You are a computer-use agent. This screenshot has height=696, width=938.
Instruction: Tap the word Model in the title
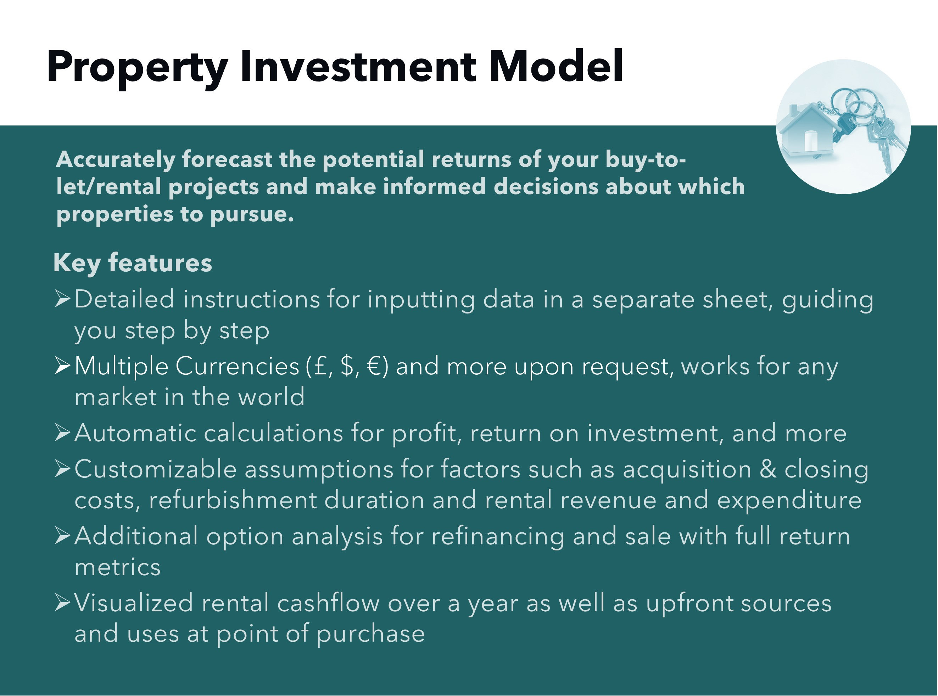[x=555, y=67]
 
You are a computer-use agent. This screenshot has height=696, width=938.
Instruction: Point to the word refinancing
[x=497, y=536]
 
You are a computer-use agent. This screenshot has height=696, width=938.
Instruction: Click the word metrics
[x=118, y=567]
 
